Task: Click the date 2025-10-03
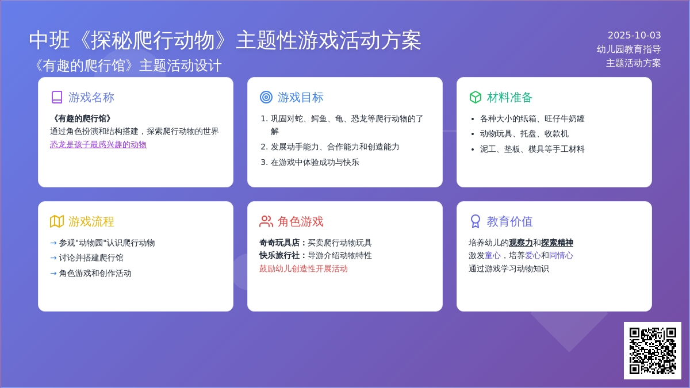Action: [634, 36]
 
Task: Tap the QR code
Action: [653, 351]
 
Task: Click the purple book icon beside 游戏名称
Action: [57, 97]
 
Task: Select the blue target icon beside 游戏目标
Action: [266, 97]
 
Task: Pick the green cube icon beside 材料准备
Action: [476, 97]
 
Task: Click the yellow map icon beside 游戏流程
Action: [57, 221]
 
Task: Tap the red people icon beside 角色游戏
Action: [266, 221]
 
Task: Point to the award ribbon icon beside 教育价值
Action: [476, 221]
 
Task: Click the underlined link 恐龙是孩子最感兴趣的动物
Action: [98, 144]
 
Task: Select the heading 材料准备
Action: [509, 97]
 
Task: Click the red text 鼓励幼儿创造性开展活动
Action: [304, 268]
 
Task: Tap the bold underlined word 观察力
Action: [520, 243]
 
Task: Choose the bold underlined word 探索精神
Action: [557, 243]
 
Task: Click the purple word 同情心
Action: [561, 256]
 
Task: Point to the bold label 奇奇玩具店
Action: [279, 243]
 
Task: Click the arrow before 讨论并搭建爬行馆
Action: [53, 258]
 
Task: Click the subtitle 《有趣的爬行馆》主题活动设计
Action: [127, 66]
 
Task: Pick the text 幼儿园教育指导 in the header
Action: [628, 49]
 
